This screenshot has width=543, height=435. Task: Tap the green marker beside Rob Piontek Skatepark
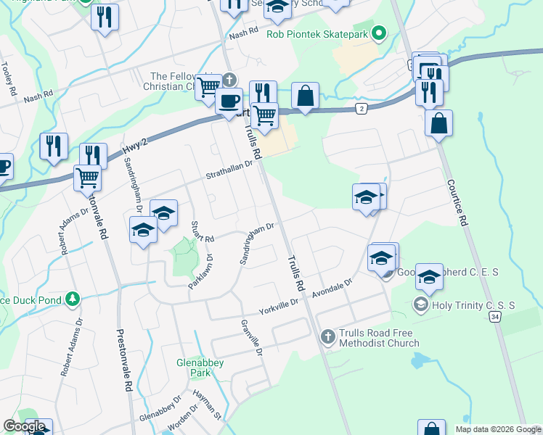[x=378, y=33]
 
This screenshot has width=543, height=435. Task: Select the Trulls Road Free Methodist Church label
[x=379, y=338]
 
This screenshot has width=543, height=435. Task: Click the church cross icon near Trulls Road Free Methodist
[x=327, y=336]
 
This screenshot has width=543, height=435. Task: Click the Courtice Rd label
[x=455, y=203]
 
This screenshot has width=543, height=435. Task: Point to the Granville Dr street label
[x=252, y=338]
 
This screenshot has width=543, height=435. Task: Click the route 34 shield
[x=495, y=316]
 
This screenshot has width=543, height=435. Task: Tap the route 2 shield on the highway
[x=361, y=108]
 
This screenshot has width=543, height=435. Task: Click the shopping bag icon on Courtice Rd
[x=439, y=124]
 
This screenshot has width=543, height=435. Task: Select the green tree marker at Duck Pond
[x=72, y=299]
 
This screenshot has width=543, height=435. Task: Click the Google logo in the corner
[x=24, y=426]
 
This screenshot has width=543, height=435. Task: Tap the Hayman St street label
[x=207, y=405]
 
